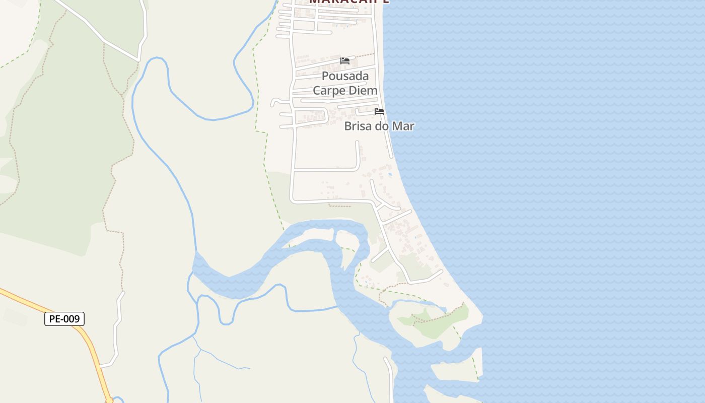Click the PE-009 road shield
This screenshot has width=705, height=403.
pyautogui.click(x=64, y=319)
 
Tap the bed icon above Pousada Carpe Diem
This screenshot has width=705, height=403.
pyautogui.click(x=345, y=61)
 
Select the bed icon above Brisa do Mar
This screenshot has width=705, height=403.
pyautogui.click(x=379, y=111)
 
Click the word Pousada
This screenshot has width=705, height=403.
pyautogui.click(x=345, y=76)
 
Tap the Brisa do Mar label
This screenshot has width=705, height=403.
pyautogui.click(x=379, y=126)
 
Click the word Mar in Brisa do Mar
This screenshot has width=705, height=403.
pyautogui.click(x=404, y=126)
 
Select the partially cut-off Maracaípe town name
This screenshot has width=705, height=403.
pyautogui.click(x=348, y=2)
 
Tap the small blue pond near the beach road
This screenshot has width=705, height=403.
pyautogui.click(x=390, y=175)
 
